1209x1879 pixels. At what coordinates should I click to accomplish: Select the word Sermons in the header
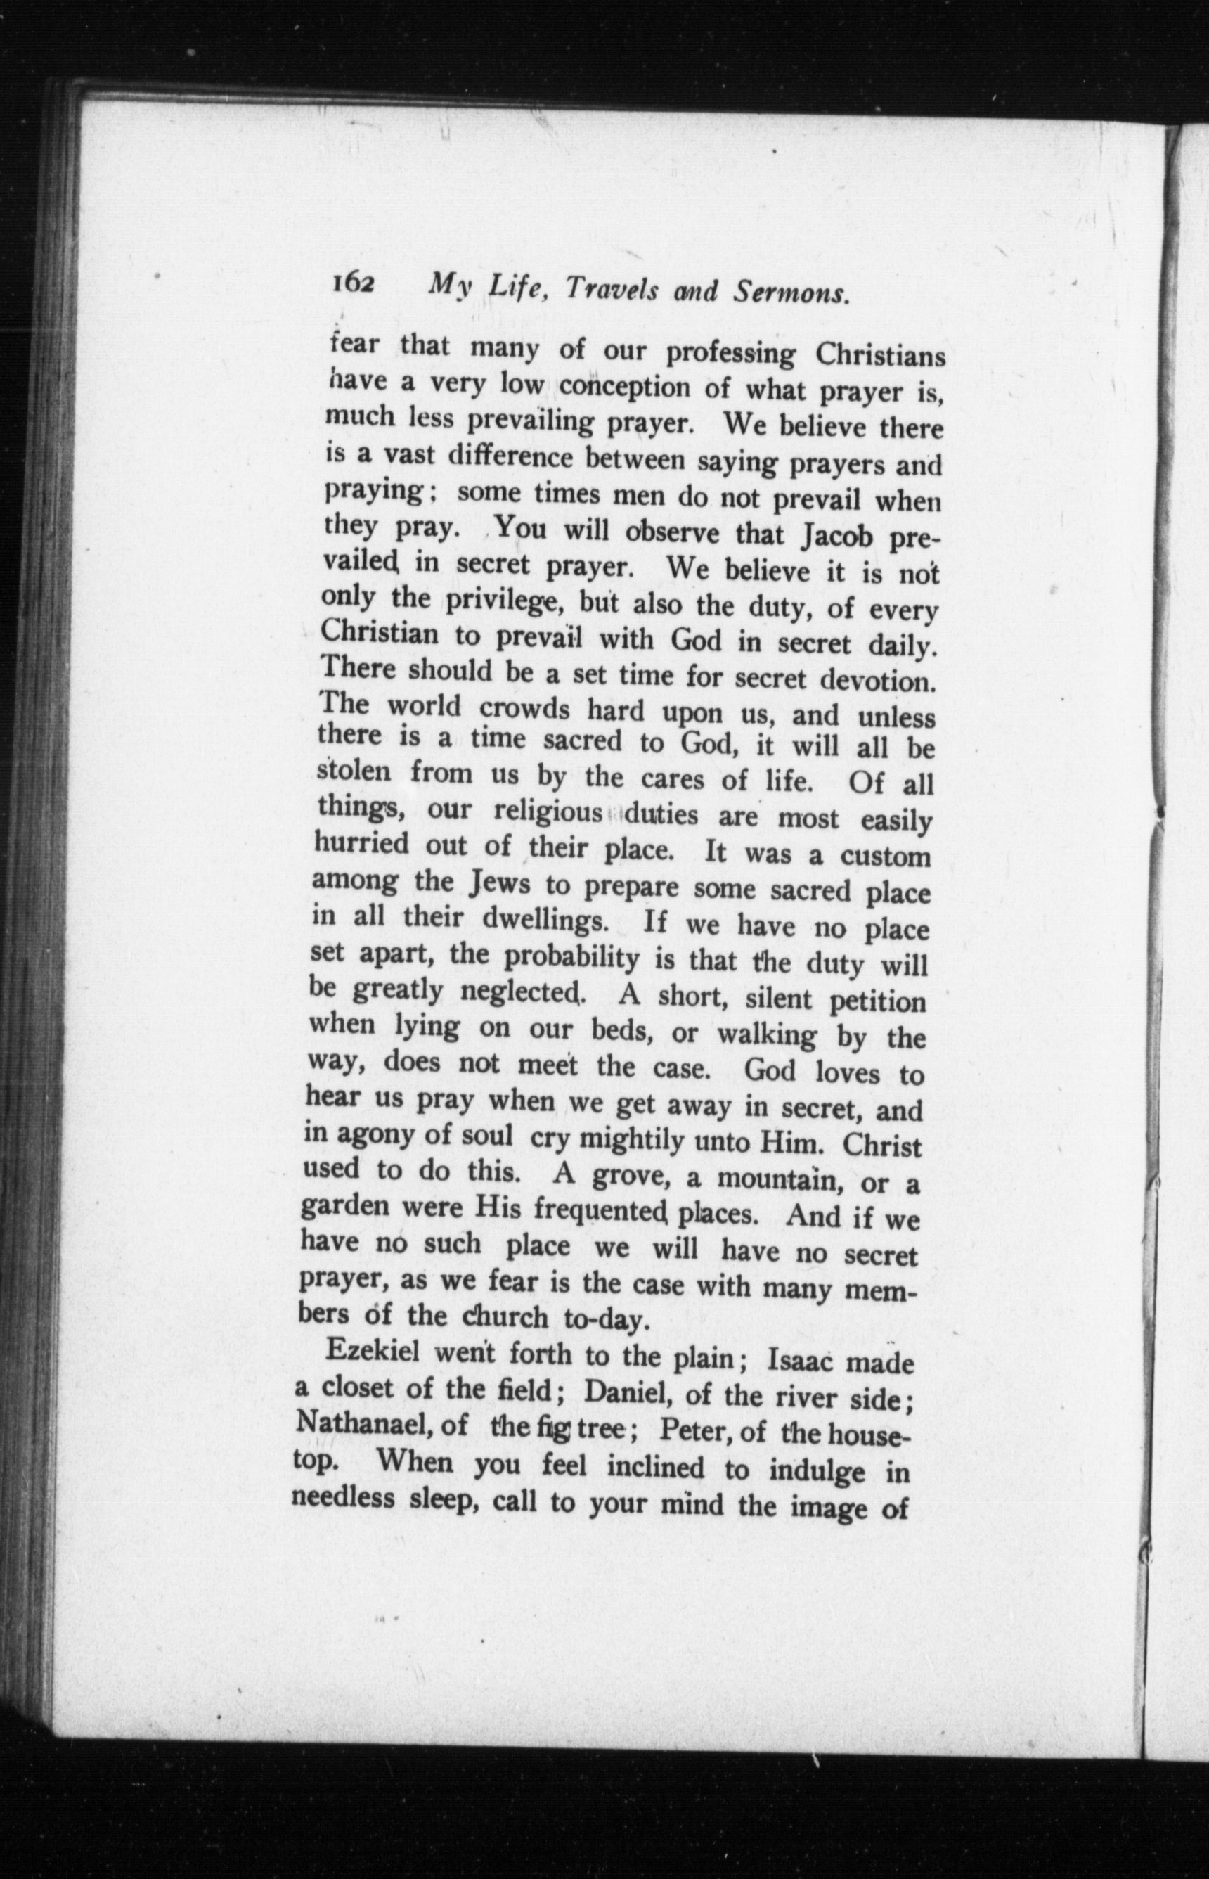pyautogui.click(x=791, y=293)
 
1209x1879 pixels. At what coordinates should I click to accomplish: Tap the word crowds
pyautogui.click(x=524, y=709)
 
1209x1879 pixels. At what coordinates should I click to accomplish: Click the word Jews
pyautogui.click(x=498, y=883)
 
